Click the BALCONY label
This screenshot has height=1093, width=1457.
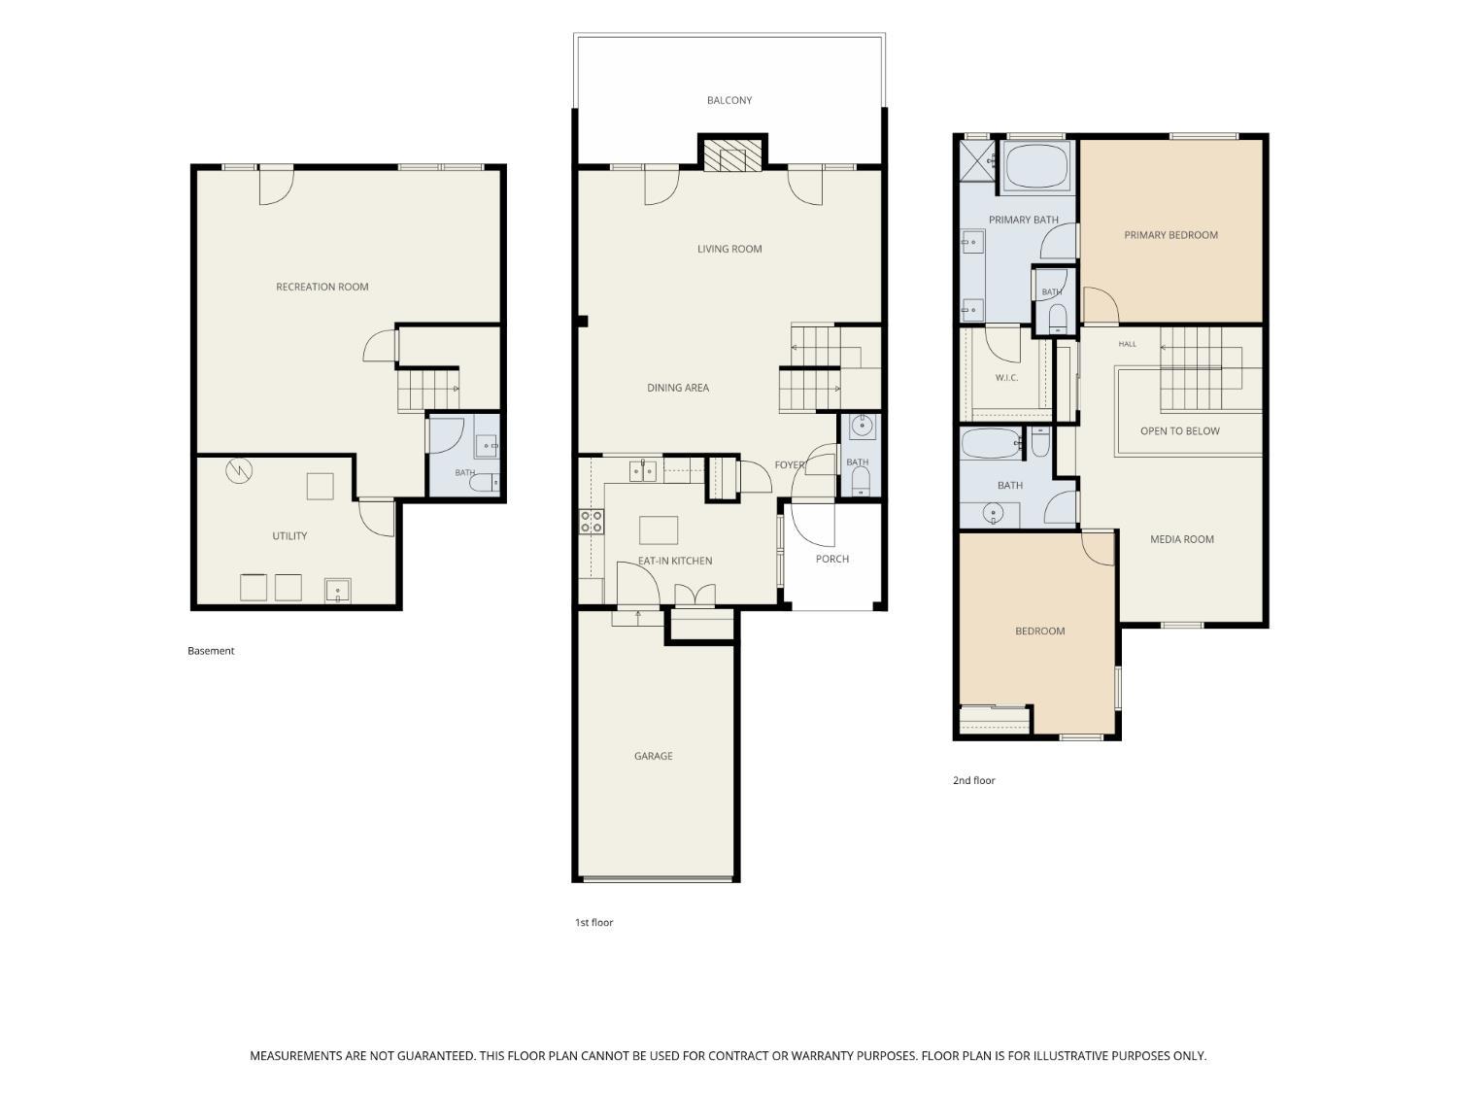pos(728,100)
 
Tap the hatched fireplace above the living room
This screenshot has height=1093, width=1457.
pos(732,155)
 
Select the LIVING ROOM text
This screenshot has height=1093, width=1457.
pos(728,249)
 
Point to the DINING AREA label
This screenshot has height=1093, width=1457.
pos(678,388)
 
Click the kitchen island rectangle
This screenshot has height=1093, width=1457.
pos(658,530)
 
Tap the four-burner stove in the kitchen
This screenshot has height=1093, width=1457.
pos(591,521)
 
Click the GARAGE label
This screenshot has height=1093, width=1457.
pos(653,756)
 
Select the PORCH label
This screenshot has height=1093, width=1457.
pos(831,559)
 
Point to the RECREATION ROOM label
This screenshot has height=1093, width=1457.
pos(322,287)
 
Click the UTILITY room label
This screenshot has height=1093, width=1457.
pos(289,535)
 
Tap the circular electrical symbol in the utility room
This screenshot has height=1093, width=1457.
pos(239,471)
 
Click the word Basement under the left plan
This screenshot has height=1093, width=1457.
pos(211,650)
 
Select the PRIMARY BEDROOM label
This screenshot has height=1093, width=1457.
pos(1170,235)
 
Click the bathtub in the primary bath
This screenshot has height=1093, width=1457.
pos(1036,166)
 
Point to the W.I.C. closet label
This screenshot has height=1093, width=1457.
pos(1006,378)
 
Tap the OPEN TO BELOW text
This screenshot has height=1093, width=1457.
pos(1179,430)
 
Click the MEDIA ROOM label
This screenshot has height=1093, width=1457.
pos(1181,539)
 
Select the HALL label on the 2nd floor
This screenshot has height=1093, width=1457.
pos(1127,344)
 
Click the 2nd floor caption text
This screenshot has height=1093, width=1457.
pos(974,780)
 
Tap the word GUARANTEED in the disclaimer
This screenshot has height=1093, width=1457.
pos(435,1056)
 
